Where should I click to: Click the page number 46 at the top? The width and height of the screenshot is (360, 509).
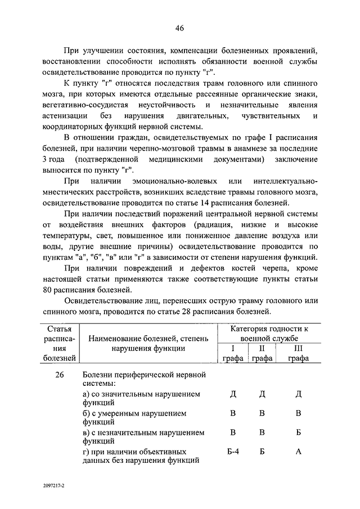179,29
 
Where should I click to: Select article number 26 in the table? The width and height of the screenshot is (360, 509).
58,375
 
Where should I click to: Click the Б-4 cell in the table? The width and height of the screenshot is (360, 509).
233,452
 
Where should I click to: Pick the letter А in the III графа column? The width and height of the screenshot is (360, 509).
298,452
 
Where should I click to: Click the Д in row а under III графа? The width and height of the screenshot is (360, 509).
298,394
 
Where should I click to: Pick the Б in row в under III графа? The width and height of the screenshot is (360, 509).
298,433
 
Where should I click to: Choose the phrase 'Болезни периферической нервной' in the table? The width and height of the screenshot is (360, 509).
143,375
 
